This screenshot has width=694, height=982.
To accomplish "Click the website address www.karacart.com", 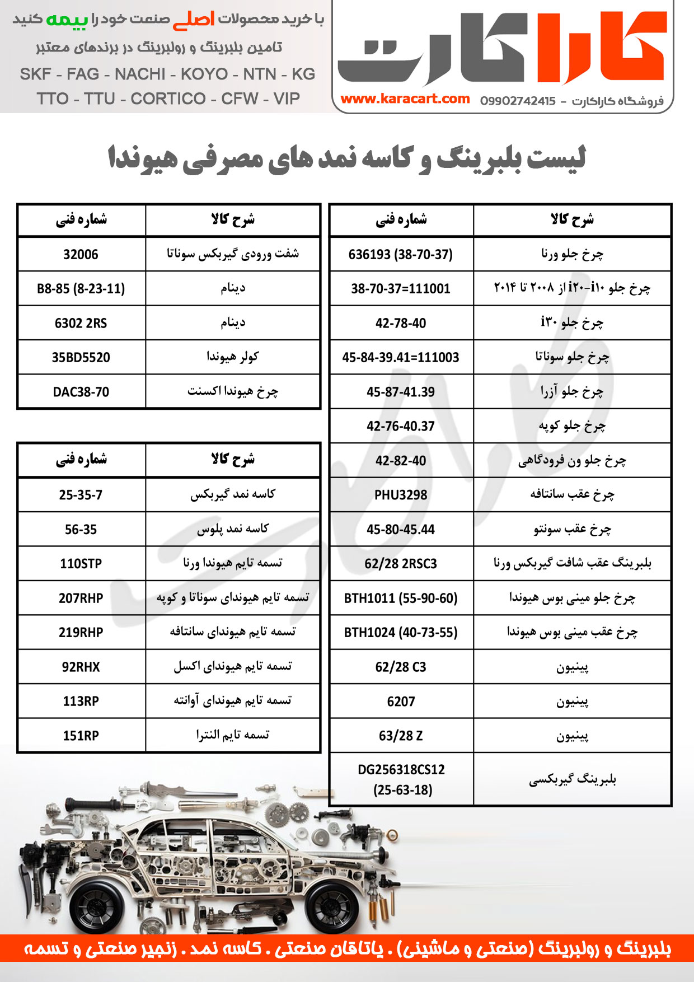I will coord(405,99).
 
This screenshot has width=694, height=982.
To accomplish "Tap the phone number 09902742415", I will coord(518,101).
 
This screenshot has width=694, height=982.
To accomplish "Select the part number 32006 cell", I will coord(81,255).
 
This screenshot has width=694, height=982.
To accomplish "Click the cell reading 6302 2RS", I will coord(81,323).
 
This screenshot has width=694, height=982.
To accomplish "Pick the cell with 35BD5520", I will coord(81,358).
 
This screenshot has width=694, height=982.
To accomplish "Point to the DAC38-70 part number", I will coord(81,392).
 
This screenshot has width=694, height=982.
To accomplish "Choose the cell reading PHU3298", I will coord(401,495).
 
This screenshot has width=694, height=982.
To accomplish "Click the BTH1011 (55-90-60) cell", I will coord(401,598).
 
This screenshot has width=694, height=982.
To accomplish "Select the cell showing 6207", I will coord(401,702).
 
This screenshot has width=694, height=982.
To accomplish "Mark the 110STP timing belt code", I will coord(81,564).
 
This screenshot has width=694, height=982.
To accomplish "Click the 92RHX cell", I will coord(81,667).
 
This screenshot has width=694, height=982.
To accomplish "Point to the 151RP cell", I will coord(81,736).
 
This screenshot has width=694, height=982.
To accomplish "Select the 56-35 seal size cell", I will coord(81,530).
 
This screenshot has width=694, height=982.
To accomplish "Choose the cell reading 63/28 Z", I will coord(401,736).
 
